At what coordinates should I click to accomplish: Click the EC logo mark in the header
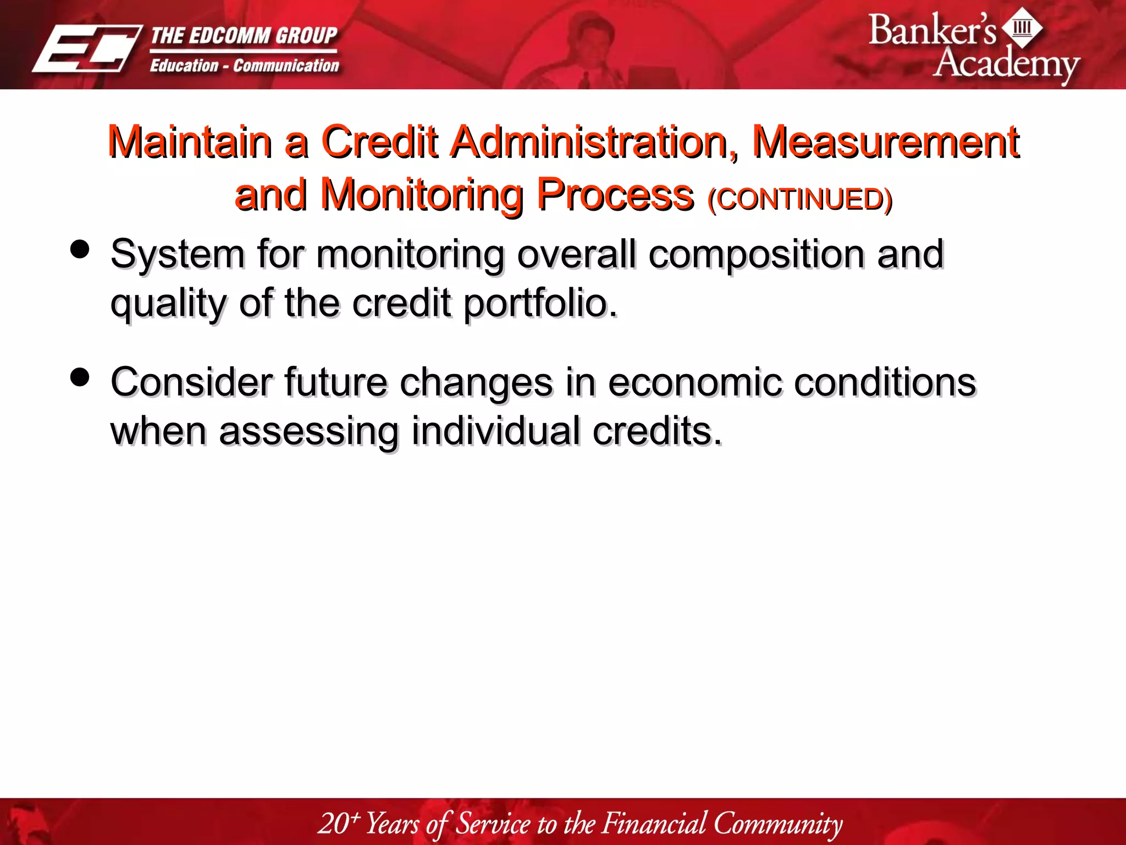pyautogui.click(x=87, y=48)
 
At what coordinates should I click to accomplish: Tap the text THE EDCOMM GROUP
pyautogui.click(x=244, y=36)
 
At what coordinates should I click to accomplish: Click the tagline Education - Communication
pyautogui.click(x=244, y=66)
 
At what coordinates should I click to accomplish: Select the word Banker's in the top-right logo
pyautogui.click(x=931, y=31)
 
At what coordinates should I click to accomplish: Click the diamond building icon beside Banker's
pyautogui.click(x=1022, y=28)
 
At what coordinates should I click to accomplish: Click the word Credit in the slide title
pyautogui.click(x=379, y=142)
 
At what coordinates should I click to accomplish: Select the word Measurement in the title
pyautogui.click(x=885, y=142)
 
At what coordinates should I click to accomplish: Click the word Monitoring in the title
pyautogui.click(x=422, y=195)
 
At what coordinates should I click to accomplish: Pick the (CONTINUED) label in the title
pyautogui.click(x=800, y=199)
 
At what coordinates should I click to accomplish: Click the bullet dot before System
pyautogui.click(x=80, y=249)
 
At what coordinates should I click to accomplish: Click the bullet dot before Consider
pyautogui.click(x=80, y=377)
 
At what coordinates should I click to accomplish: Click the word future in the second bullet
pyautogui.click(x=335, y=382)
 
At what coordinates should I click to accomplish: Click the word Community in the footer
pyautogui.click(x=777, y=824)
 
